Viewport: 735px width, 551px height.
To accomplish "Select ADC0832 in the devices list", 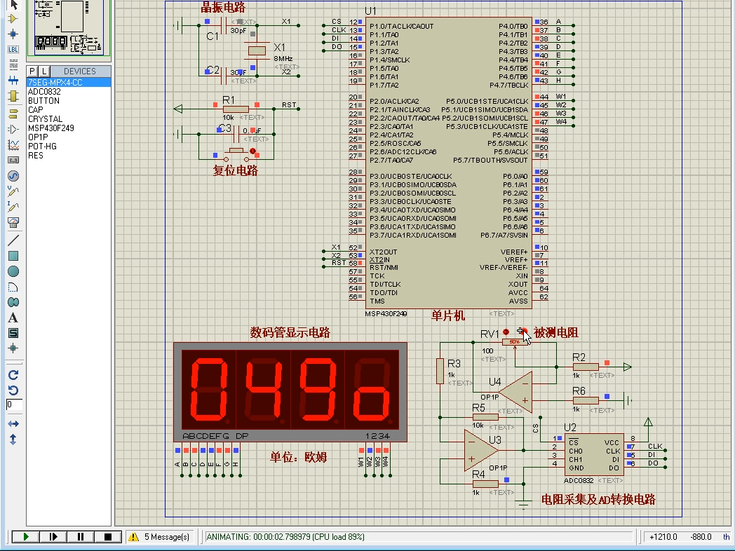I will click(x=44, y=92).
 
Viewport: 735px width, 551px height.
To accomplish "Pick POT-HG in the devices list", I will click(x=42, y=147).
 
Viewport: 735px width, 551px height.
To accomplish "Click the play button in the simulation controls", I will click(x=26, y=537).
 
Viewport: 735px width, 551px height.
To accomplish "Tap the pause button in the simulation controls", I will click(x=81, y=537).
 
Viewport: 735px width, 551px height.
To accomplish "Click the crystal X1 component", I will click(x=257, y=50).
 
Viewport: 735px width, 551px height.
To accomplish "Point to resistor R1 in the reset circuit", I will click(x=235, y=108).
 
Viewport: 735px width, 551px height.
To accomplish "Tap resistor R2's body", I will click(x=586, y=367).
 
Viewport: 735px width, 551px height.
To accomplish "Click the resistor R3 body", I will click(x=440, y=369).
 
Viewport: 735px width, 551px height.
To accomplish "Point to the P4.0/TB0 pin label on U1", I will click(x=513, y=26).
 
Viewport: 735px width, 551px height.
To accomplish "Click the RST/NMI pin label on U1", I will click(x=384, y=268).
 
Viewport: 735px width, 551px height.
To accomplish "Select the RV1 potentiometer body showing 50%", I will click(x=515, y=341).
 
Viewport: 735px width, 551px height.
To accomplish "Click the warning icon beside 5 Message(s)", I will click(x=133, y=537).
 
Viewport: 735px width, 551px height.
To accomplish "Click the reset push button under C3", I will click(x=236, y=151).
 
